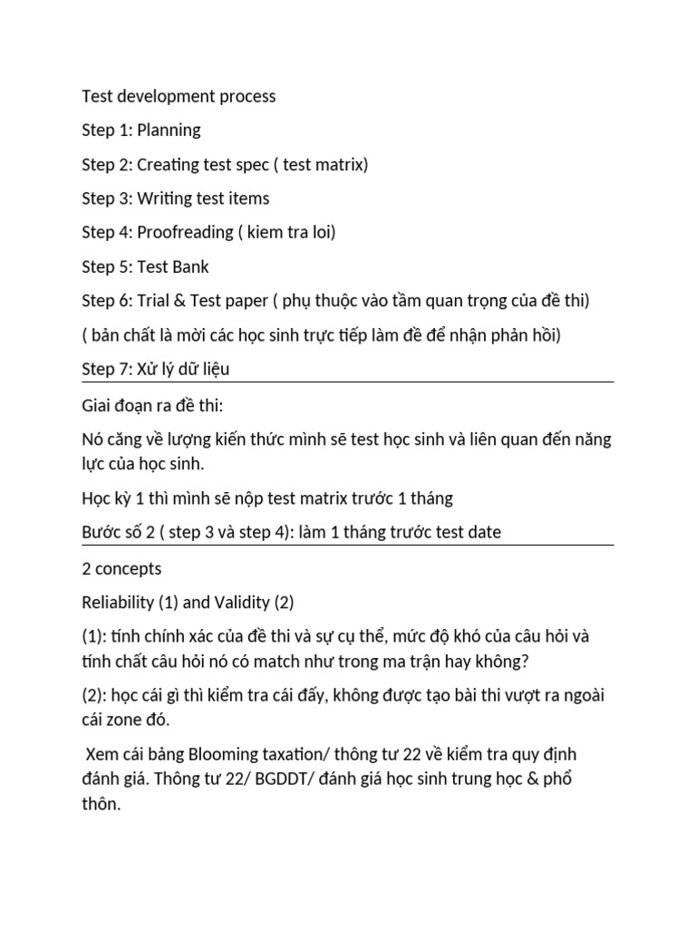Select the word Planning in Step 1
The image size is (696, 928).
169,130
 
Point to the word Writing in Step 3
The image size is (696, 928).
166,198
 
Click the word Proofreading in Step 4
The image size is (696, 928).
185,233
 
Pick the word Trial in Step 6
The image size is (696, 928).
156,301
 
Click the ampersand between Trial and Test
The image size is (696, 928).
185,301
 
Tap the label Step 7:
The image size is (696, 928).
107,370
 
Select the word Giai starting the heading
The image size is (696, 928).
97,404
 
